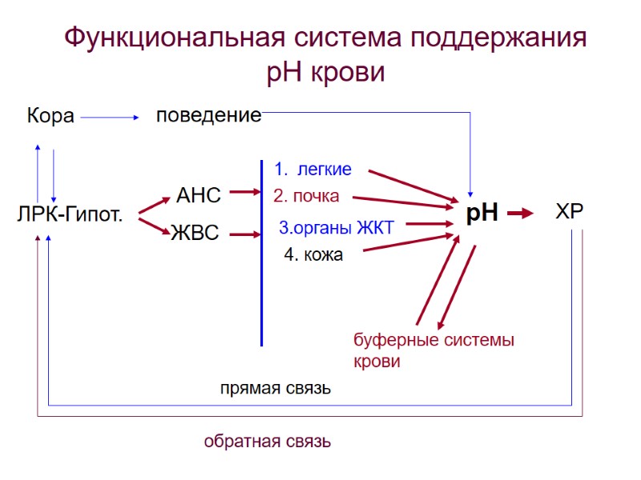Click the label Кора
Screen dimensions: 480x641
(50, 116)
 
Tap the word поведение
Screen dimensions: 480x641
(208, 115)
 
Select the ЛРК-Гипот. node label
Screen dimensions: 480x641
(70, 214)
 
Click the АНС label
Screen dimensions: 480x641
(198, 194)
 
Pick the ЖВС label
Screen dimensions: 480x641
(195, 234)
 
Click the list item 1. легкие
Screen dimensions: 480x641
(312, 170)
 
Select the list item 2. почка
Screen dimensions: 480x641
(306, 196)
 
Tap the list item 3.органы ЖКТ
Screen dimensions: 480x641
(336, 228)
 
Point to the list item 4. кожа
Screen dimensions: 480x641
(313, 255)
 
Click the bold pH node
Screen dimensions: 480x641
(482, 213)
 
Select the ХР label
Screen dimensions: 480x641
(570, 212)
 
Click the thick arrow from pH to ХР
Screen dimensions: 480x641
(520, 214)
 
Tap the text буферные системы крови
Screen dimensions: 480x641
(433, 350)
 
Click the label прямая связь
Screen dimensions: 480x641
(276, 389)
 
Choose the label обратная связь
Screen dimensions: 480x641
(268, 441)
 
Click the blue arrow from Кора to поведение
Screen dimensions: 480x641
(111, 118)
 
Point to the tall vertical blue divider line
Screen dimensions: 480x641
(262, 256)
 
